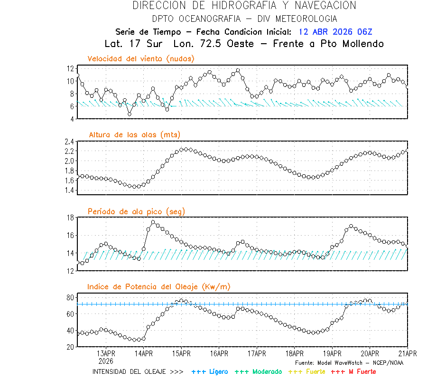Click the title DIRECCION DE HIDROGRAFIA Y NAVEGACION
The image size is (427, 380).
tap(244, 6)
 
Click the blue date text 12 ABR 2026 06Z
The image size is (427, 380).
tap(335, 32)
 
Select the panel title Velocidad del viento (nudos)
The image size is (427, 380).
tap(141, 58)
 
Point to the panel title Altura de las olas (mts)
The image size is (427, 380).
tap(134, 135)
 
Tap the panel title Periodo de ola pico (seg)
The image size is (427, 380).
tap(136, 211)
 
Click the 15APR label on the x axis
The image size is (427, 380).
tap(181, 353)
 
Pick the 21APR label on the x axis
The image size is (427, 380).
tap(408, 353)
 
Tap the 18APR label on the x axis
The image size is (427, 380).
tap(295, 353)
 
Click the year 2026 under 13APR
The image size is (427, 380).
tap(106, 361)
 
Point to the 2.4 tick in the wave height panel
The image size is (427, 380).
tap(69, 142)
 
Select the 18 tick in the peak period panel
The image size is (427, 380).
tap(70, 218)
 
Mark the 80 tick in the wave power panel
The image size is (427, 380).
tap(70, 297)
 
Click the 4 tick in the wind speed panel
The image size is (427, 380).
tap(72, 119)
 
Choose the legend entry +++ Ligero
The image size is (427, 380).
tap(210, 371)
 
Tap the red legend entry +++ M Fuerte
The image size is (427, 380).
tap(353, 371)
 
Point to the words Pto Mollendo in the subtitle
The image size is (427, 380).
tap(354, 44)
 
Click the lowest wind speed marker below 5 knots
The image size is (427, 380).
tap(129, 114)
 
